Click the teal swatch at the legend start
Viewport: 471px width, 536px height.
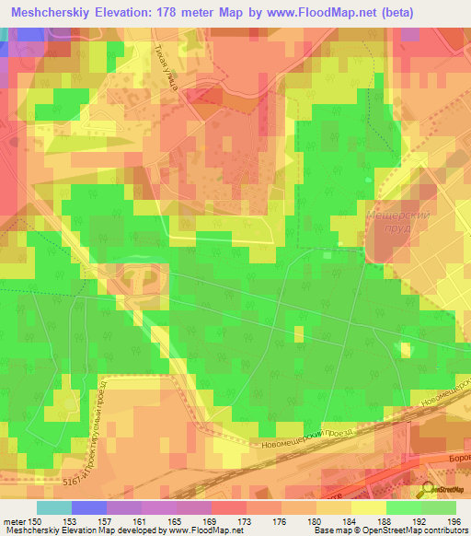tap(53, 507)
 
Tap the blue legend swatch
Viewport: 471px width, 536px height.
tap(88, 507)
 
